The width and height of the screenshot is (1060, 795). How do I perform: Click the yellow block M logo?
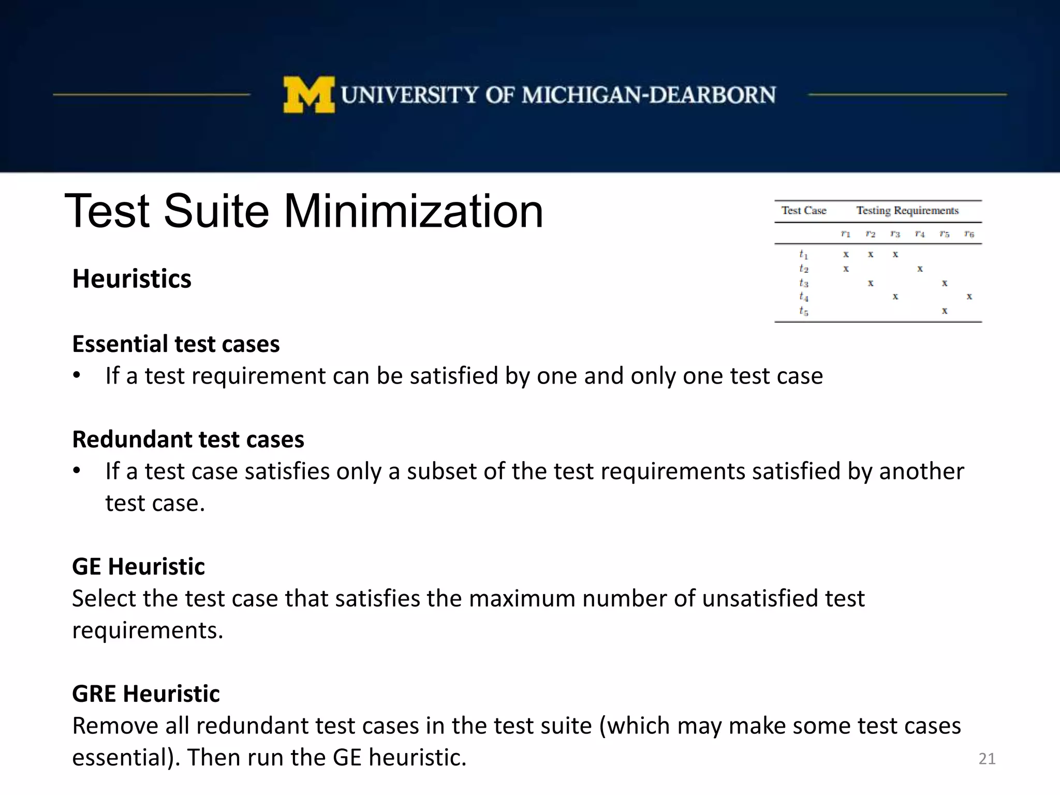308,95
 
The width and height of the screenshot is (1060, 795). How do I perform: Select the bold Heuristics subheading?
131,279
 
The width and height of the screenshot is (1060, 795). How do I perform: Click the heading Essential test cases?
175,344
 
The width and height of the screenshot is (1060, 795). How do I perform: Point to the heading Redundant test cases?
188,439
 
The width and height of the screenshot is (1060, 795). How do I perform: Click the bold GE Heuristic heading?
138,567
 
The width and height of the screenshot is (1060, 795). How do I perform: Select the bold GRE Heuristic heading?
145,694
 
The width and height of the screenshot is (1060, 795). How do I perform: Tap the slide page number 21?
987,759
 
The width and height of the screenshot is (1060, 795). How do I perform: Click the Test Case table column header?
803,211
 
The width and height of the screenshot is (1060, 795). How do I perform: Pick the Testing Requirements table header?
907,211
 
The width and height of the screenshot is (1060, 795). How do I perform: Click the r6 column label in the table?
969,234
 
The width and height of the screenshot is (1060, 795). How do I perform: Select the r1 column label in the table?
845,234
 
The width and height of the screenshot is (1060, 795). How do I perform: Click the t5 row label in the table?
803,311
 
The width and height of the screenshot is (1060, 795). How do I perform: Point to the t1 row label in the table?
803,254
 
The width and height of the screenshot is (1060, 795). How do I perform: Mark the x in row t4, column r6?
969,297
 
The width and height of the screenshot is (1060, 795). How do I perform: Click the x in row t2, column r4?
920,269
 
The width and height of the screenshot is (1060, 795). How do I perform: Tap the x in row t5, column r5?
945,311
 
